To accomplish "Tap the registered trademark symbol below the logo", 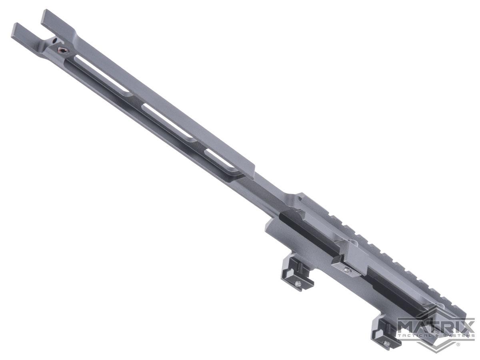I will tap(458, 344).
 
